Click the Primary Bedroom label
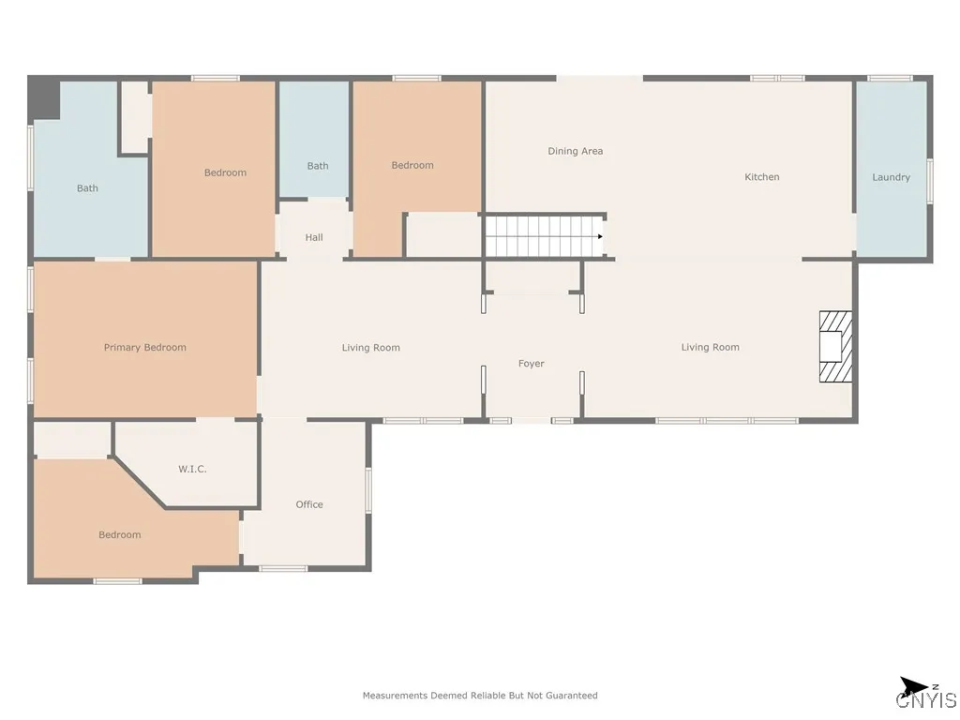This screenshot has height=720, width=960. (x=145, y=348)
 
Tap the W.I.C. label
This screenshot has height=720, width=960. (x=192, y=469)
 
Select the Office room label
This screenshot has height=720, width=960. (x=309, y=504)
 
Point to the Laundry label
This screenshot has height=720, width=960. (x=891, y=177)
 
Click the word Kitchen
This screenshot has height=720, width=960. (x=761, y=177)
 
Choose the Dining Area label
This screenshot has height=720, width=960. (x=575, y=151)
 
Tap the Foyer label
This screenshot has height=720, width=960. (x=531, y=364)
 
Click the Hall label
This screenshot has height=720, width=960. (x=314, y=237)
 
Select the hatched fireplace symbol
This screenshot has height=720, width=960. (x=835, y=347)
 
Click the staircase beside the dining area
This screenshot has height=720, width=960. (x=545, y=236)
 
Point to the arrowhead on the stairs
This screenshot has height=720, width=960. (x=600, y=236)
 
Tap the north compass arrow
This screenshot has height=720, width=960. (x=913, y=685)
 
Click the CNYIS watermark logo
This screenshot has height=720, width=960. (x=925, y=699)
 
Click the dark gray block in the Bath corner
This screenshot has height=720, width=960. (x=45, y=97)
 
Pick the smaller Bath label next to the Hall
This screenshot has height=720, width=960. (x=317, y=166)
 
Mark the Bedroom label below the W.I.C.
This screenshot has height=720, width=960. (x=119, y=535)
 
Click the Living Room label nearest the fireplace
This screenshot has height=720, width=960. (x=711, y=348)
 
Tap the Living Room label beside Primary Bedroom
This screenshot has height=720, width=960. (x=370, y=348)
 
